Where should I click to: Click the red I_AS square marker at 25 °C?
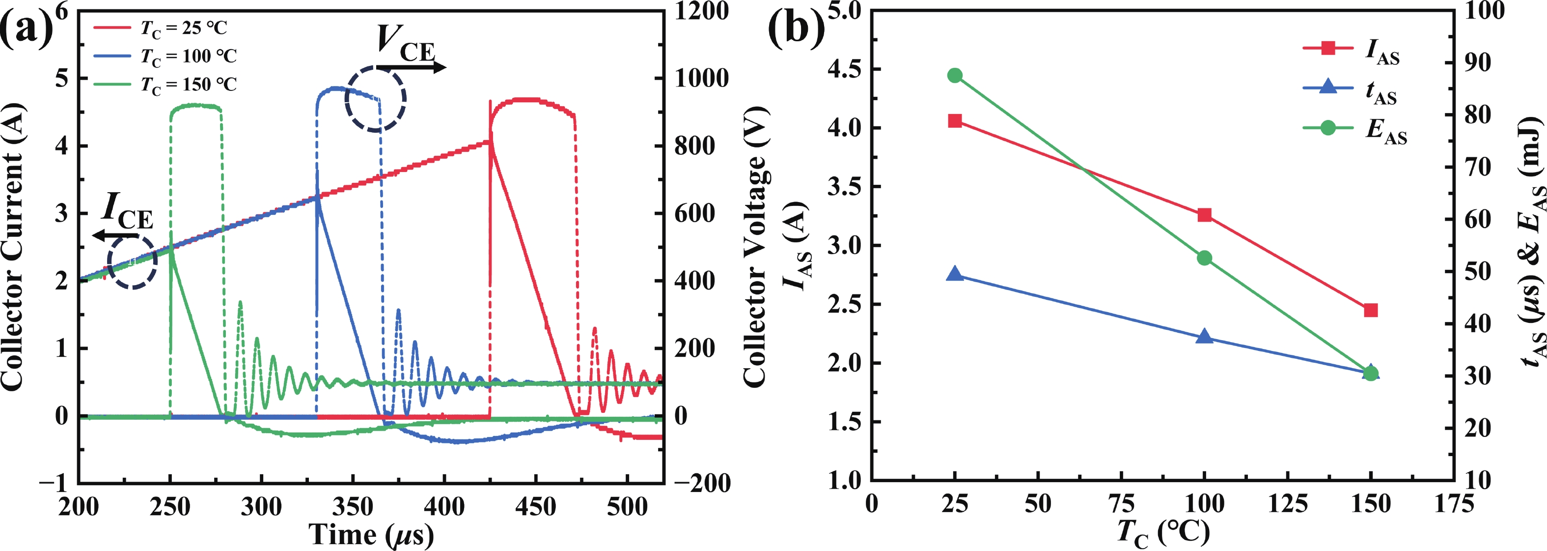pyautogui.click(x=955, y=121)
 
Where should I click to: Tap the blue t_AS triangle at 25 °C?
pyautogui.click(x=955, y=274)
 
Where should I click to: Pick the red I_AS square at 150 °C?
pyautogui.click(x=1370, y=310)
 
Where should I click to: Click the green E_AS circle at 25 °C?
pyautogui.click(x=955, y=76)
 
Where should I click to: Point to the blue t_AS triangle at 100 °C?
pyautogui.click(x=1204, y=337)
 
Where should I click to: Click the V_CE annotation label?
pyautogui.click(x=405, y=43)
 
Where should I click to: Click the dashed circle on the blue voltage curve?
pyautogui.click(x=376, y=99)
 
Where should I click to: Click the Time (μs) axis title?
pyautogui.click(x=370, y=534)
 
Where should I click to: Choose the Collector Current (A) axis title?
pyautogui.click(x=13, y=246)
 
